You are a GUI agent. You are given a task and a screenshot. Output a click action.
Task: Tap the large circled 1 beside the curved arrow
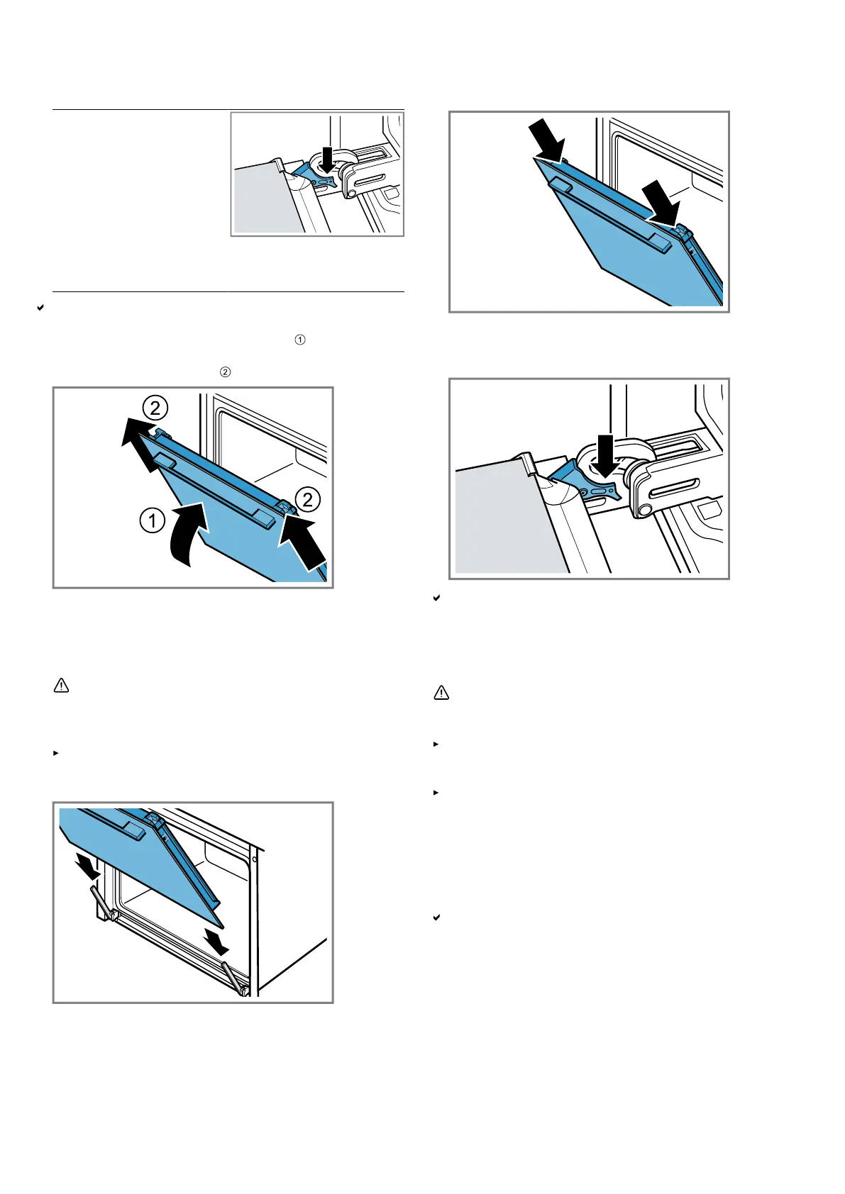click(x=153, y=521)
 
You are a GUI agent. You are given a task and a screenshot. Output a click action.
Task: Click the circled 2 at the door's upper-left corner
click(x=155, y=408)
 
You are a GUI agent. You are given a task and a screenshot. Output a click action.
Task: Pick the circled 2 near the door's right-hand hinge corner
click(x=307, y=500)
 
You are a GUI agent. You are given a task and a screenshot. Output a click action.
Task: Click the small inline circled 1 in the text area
click(x=300, y=340)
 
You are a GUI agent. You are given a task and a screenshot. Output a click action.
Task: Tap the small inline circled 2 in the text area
click(x=225, y=372)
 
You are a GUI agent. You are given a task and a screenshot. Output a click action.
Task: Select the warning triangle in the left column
click(x=62, y=686)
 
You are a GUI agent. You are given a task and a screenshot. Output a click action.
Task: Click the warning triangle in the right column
click(x=441, y=693)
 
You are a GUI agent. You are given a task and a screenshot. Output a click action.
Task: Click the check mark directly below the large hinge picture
click(x=437, y=598)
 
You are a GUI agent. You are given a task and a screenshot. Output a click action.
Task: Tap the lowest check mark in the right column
click(x=437, y=917)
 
